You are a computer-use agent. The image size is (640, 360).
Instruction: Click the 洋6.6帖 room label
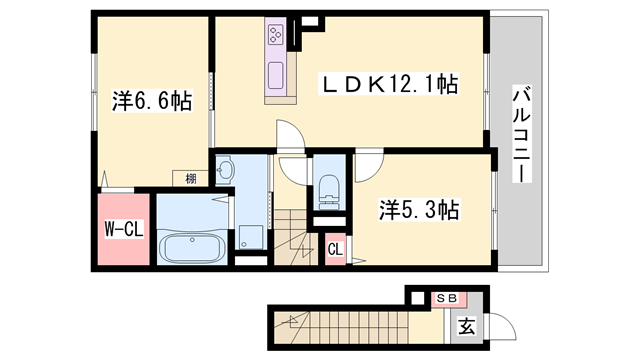(152, 101)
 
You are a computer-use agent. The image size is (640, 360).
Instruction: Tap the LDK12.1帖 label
(389, 85)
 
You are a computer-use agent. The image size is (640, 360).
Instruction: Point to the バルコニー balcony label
(521, 134)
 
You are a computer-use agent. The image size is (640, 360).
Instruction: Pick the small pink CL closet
(335, 249)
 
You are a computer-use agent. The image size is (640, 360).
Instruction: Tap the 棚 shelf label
(190, 179)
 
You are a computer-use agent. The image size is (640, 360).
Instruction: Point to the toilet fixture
(329, 190)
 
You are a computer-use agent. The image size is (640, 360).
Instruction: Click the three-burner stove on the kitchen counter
(275, 37)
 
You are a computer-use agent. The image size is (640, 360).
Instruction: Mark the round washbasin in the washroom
(225, 170)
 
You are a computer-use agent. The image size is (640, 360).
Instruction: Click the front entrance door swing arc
(506, 328)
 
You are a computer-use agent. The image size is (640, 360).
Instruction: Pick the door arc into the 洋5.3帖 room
(366, 164)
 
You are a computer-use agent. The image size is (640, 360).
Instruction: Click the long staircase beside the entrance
(350, 325)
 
